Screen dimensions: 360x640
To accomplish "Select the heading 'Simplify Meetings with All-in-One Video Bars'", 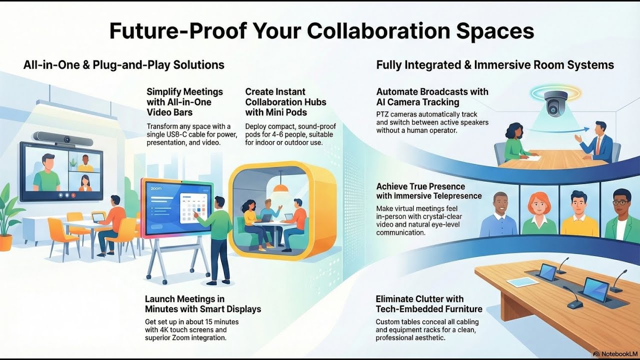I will (x=184, y=102).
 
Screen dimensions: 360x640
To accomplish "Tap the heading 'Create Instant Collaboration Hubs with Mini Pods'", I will (x=285, y=102).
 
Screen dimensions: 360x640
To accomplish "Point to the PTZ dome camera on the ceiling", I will (x=555, y=103).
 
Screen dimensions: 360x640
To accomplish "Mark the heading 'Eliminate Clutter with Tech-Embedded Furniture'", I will (x=428, y=304).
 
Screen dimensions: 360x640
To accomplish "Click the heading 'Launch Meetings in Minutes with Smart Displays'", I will (x=202, y=304).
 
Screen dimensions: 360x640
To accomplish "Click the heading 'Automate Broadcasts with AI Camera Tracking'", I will (x=432, y=97).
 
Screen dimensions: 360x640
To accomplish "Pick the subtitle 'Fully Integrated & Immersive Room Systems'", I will (x=494, y=65).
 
